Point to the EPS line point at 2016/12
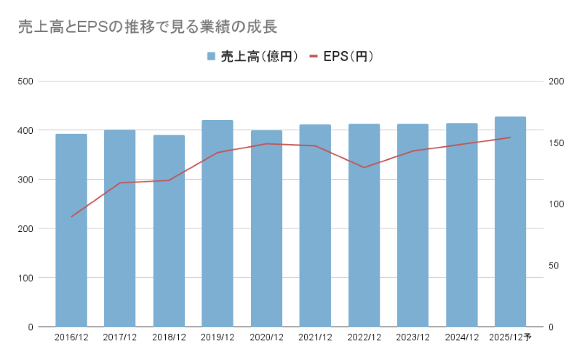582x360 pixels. pyautogui.click(x=71, y=217)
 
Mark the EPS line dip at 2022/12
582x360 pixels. pyautogui.click(x=364, y=167)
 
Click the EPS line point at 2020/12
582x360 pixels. pyautogui.click(x=266, y=144)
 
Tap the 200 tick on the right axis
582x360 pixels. pyautogui.click(x=557, y=81)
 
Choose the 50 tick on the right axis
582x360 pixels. pyautogui.click(x=554, y=265)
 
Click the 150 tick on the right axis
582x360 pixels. pyautogui.click(x=557, y=143)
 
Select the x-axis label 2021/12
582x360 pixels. pyautogui.click(x=315, y=337)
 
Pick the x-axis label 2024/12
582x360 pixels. pyautogui.click(x=461, y=337)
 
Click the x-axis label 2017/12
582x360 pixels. pyautogui.click(x=120, y=337)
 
